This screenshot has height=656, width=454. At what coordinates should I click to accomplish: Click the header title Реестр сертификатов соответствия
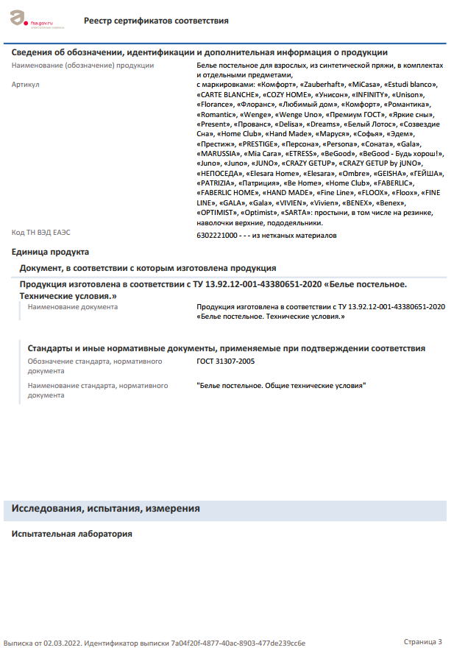[x=156, y=21]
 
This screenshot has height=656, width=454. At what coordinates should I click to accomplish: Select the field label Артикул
[x=26, y=85]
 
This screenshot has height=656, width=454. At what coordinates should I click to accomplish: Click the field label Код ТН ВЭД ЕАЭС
[x=41, y=233]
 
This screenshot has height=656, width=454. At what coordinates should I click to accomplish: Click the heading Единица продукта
[x=50, y=251]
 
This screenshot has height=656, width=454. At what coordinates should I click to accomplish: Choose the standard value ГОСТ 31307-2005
[x=226, y=361]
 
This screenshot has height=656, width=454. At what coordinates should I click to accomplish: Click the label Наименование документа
[x=72, y=306]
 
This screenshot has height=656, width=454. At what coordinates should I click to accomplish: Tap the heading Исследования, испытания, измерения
[x=106, y=509]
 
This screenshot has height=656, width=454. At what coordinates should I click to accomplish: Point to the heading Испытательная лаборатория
[x=72, y=534]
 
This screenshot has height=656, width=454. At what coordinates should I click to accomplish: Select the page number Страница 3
[x=423, y=642]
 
